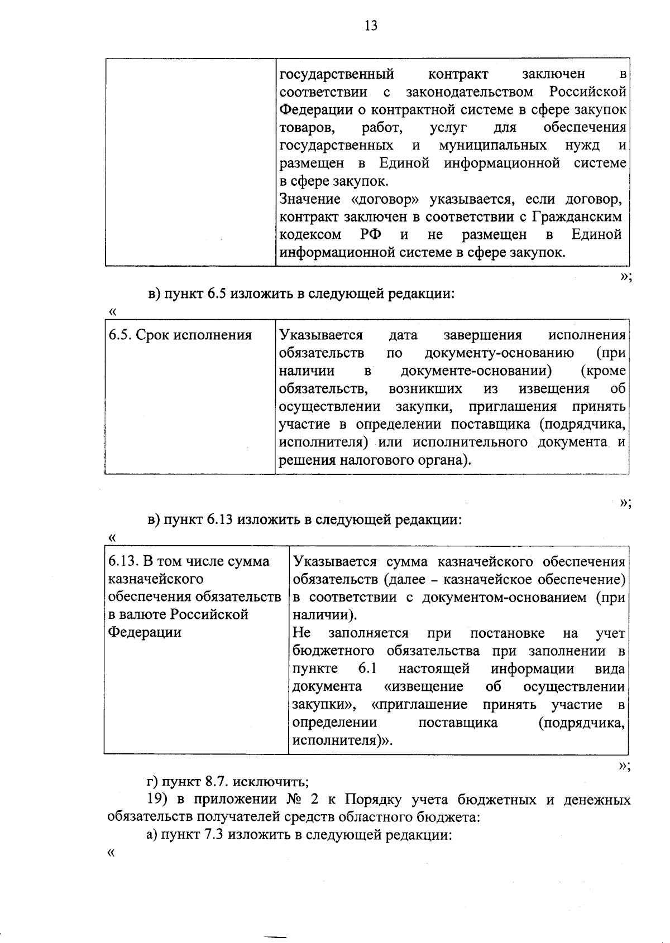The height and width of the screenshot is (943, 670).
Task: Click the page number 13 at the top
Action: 371,26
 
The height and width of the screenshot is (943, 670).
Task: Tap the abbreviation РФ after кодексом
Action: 367,234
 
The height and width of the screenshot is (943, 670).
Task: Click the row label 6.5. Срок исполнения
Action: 180,335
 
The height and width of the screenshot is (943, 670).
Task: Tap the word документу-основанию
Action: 499,353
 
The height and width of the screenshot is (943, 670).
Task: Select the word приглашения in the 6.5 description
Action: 513,407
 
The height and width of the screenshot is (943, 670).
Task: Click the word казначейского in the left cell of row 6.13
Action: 155,579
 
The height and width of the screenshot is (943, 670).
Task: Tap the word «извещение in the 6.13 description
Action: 424,687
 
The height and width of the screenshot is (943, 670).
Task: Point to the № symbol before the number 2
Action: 294,800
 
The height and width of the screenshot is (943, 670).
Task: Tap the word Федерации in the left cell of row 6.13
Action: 145,633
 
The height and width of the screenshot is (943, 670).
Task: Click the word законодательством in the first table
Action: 469,92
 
